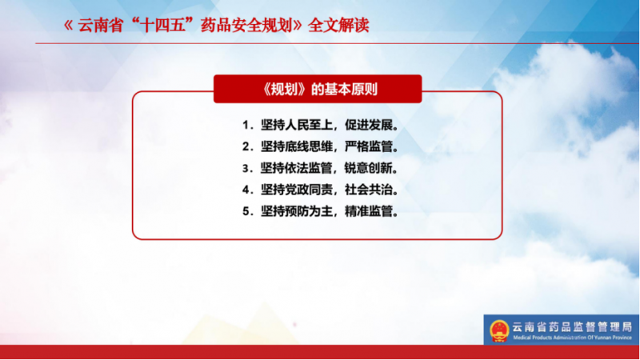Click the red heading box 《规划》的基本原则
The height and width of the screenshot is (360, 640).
318,89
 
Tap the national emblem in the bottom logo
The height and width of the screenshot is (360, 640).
499,330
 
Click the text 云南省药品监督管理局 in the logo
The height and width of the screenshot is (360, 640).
572,327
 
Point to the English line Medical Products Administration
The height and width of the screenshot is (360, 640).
572,338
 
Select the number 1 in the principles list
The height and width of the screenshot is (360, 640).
246,125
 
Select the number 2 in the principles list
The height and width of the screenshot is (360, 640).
246,146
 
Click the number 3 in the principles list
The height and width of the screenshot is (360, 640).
246,168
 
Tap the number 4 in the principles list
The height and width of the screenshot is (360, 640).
246,190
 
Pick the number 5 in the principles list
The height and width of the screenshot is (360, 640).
246,211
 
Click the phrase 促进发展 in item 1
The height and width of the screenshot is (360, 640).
369,125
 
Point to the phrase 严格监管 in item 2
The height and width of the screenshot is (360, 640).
369,146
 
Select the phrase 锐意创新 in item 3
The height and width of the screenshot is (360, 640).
369,168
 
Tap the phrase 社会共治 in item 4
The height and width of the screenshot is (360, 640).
369,190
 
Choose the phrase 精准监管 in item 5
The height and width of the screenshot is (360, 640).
369,211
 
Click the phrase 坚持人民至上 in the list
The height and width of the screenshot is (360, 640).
297,125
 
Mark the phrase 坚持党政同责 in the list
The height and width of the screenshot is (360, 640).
297,190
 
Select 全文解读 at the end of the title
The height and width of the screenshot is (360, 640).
338,26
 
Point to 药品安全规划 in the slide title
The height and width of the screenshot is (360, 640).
246,26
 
